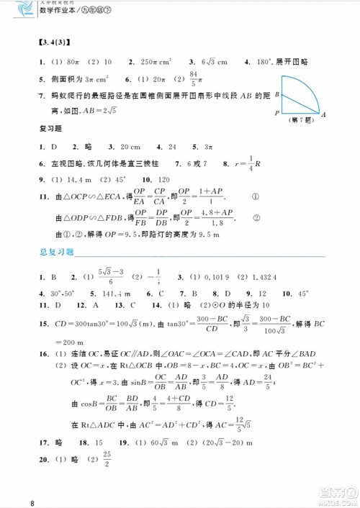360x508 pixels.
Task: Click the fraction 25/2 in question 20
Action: [107, 458]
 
